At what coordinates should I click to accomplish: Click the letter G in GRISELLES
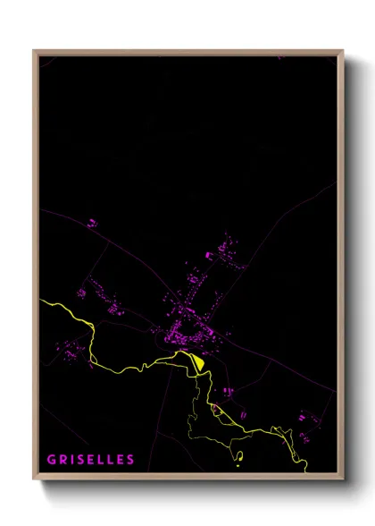(52, 460)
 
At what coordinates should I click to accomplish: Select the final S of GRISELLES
(131, 460)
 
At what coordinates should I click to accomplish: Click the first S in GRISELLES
(85, 460)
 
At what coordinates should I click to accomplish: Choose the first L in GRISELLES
(108, 460)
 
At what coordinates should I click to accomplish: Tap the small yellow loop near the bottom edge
(238, 455)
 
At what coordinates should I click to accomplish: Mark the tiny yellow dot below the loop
(238, 465)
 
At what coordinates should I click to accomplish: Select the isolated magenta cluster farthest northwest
(91, 222)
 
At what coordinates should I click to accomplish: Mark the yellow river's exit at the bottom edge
(306, 471)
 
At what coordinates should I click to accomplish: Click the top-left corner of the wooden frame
(35, 51)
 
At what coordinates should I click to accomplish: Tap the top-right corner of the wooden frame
(342, 51)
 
